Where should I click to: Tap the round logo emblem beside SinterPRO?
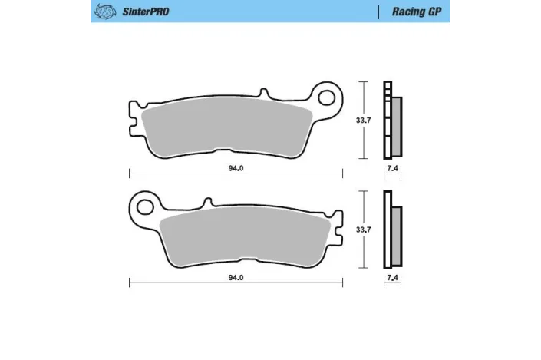click(103, 12)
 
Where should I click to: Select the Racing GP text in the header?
click(414, 12)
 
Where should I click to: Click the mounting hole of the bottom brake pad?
click(143, 205)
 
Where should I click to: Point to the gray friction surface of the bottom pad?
click(246, 238)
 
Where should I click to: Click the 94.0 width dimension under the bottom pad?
click(236, 279)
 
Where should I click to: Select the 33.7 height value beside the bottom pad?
click(368, 229)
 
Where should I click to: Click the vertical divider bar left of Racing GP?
click(379, 12)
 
